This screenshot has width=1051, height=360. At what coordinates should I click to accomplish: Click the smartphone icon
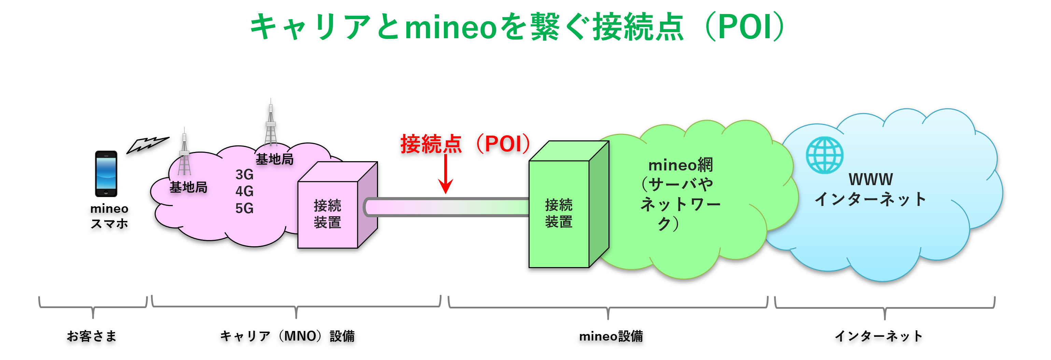106,174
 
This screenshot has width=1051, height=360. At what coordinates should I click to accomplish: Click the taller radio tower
270,123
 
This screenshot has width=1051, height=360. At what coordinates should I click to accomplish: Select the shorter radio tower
184,152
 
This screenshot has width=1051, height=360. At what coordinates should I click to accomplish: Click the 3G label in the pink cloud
244,175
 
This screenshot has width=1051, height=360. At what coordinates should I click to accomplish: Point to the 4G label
244,191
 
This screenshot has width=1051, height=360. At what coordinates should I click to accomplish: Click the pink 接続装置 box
337,205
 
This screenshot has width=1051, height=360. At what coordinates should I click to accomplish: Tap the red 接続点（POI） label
465,144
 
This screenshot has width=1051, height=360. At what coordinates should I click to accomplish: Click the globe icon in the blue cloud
825,155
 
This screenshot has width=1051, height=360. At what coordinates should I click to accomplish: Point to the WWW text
871,180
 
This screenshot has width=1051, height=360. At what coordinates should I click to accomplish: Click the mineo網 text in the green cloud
681,165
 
